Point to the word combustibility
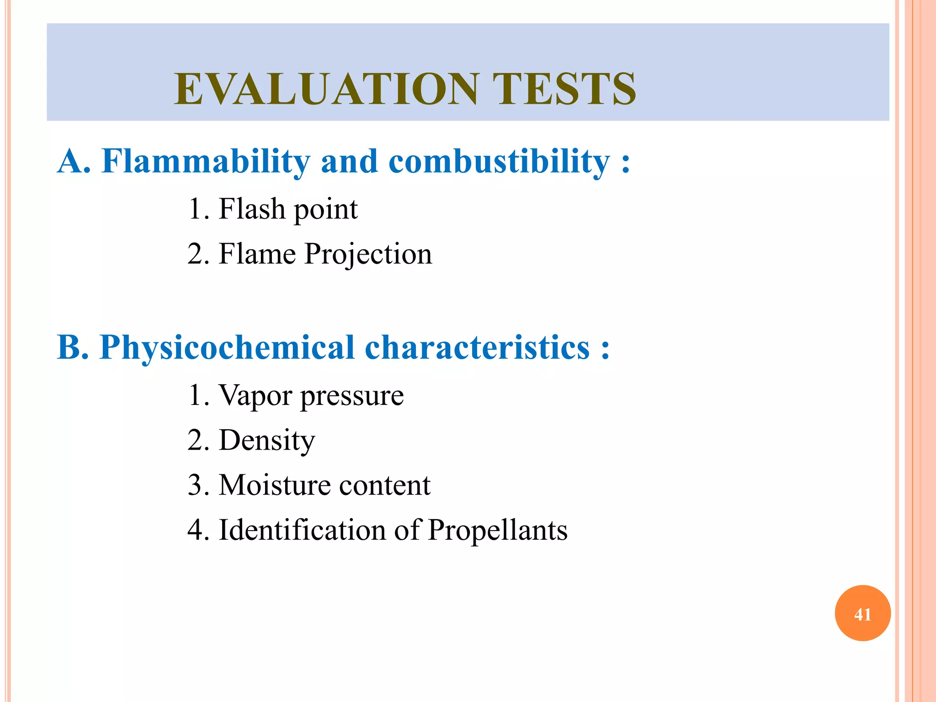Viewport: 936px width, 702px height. coord(499,161)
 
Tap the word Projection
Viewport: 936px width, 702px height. coord(368,254)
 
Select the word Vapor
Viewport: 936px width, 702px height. coord(255,395)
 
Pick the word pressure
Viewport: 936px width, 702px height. coord(352,396)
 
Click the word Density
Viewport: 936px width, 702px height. coord(267,441)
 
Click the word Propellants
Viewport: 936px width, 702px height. coord(497,531)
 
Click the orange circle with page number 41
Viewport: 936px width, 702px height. coord(862,613)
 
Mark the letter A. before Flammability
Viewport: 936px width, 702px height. coord(74,161)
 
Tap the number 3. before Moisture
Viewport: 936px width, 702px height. coord(198,485)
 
